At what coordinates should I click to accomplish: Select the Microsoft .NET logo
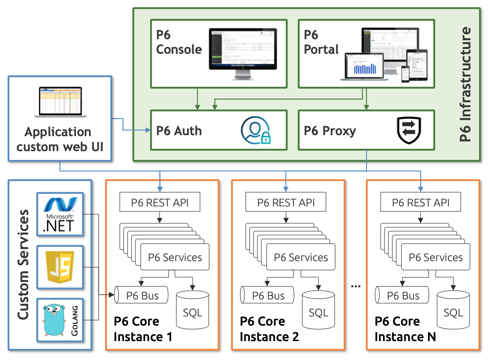coord(60,214)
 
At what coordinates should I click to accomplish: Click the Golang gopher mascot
coord(55,320)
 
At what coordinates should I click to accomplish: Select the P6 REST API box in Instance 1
coord(160,203)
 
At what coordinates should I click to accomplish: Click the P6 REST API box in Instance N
coord(421,203)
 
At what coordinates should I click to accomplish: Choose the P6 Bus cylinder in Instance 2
coord(267,295)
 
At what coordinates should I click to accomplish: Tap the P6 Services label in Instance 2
coord(301,257)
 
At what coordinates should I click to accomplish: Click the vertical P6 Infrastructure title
coord(465,84)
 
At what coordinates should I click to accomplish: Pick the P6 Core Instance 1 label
coord(143,329)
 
